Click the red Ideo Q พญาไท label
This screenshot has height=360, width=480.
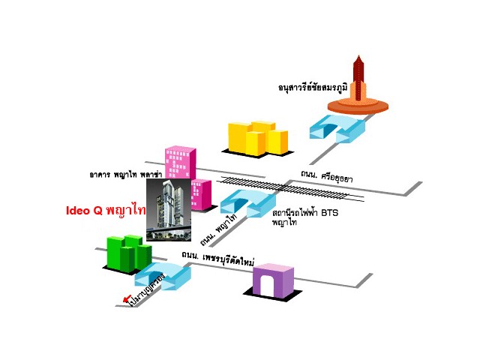tap(104, 211)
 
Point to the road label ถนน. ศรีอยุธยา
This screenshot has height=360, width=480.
tap(326, 177)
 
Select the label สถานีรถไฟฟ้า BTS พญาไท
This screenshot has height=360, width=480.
tap(296, 217)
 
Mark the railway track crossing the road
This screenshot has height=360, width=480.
tap(292, 188)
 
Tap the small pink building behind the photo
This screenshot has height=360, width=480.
tap(201, 193)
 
